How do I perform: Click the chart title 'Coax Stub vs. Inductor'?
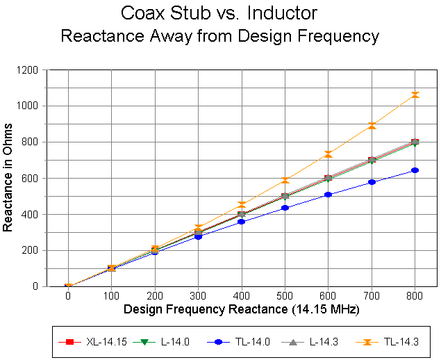[219, 13]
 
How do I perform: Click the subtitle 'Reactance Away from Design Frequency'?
[219, 36]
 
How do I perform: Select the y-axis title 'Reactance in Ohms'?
[9, 177]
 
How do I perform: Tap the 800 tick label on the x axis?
[415, 295]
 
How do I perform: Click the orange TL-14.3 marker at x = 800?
[415, 95]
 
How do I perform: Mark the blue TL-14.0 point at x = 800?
[415, 170]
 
